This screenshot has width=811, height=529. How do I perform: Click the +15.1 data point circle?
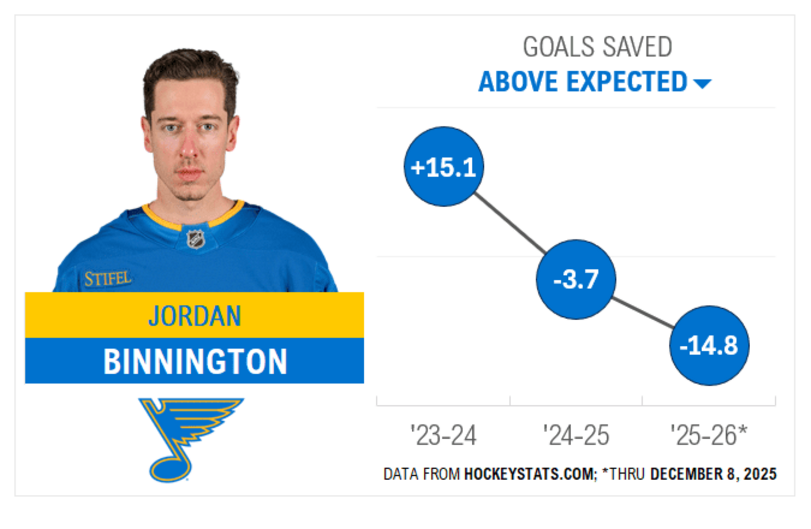click(x=444, y=167)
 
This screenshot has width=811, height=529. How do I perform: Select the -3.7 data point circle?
click(x=576, y=279)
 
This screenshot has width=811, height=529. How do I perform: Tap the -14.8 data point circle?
click(x=709, y=346)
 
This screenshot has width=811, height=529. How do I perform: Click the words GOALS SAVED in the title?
click(x=597, y=47)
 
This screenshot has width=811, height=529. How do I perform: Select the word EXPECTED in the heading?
click(x=627, y=82)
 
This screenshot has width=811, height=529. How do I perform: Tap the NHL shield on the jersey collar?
click(x=196, y=239)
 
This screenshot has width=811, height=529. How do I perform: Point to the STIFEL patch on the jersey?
click(x=108, y=279)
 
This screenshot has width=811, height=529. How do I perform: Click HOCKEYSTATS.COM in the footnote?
click(x=528, y=474)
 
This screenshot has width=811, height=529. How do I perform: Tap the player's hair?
click(x=191, y=68)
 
